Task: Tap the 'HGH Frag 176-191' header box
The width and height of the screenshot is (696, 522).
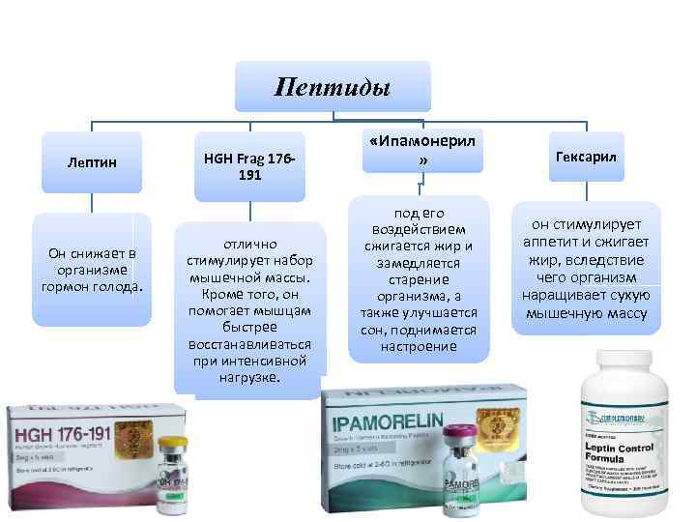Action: tap(248, 165)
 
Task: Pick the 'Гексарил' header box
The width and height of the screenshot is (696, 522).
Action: tap(587, 156)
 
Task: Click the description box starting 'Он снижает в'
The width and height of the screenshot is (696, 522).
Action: tap(93, 270)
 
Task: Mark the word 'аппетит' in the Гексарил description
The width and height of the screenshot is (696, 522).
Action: tap(551, 241)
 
